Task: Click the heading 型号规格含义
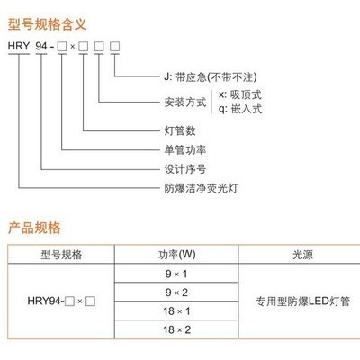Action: coord(47,24)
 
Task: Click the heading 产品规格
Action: coord(34,228)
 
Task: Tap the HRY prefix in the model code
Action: coord(19,46)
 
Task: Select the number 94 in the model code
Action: coord(41,46)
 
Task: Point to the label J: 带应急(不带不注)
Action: coord(211,77)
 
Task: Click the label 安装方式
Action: coord(185,103)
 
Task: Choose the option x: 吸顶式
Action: coord(240,94)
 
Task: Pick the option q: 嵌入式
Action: coord(240,109)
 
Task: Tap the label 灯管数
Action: coord(180,130)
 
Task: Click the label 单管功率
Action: coord(185,150)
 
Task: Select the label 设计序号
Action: coord(185,169)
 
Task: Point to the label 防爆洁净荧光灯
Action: coord(201,188)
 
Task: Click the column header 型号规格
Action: coord(61,255)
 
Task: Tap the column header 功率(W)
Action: coord(176,255)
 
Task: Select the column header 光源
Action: coord(302,255)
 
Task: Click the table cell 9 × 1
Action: coord(176,274)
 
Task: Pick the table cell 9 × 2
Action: coord(176,292)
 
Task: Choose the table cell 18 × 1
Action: coord(176,311)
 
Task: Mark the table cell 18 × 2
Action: coord(176,329)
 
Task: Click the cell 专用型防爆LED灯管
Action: coord(302,301)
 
